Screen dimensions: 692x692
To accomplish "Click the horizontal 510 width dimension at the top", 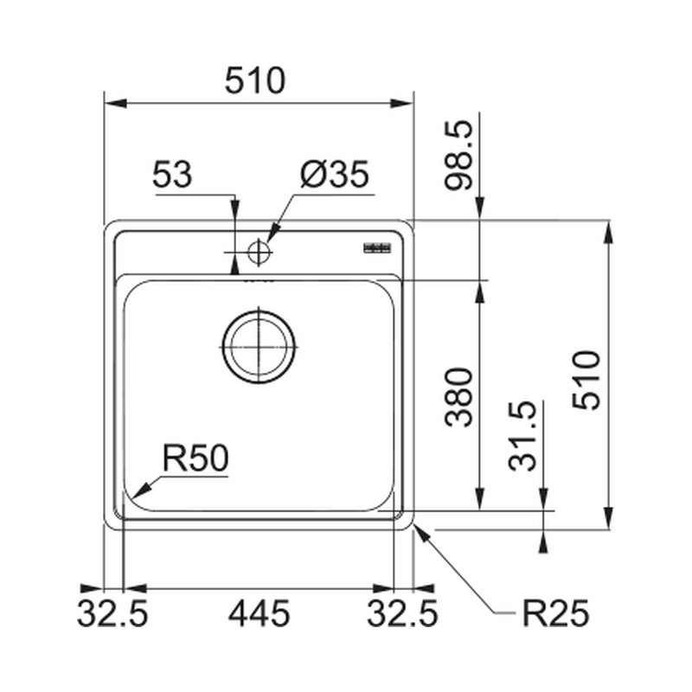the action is [255, 80].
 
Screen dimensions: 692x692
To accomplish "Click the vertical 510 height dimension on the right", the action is [586, 381].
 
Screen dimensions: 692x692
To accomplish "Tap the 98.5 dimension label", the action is [458, 156].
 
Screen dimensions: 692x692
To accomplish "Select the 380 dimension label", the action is [458, 397].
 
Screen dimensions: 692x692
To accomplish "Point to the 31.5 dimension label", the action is [522, 436].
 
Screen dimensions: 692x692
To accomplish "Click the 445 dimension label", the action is [259, 613].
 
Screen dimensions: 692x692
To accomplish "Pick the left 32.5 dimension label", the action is [112, 613].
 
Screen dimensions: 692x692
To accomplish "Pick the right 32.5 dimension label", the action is [402, 613].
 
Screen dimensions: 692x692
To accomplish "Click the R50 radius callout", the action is [195, 458].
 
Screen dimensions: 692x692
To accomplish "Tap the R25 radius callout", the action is [555, 613].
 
